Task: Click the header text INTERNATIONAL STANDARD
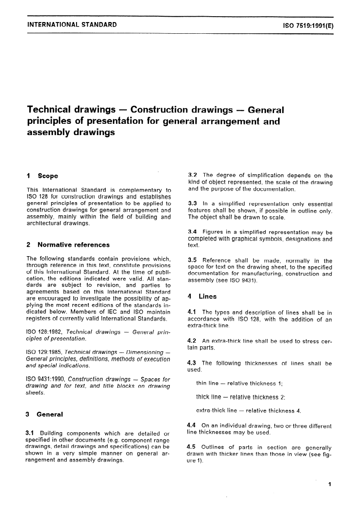[72, 24]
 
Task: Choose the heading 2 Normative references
[68, 245]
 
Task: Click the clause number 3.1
[32, 433]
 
